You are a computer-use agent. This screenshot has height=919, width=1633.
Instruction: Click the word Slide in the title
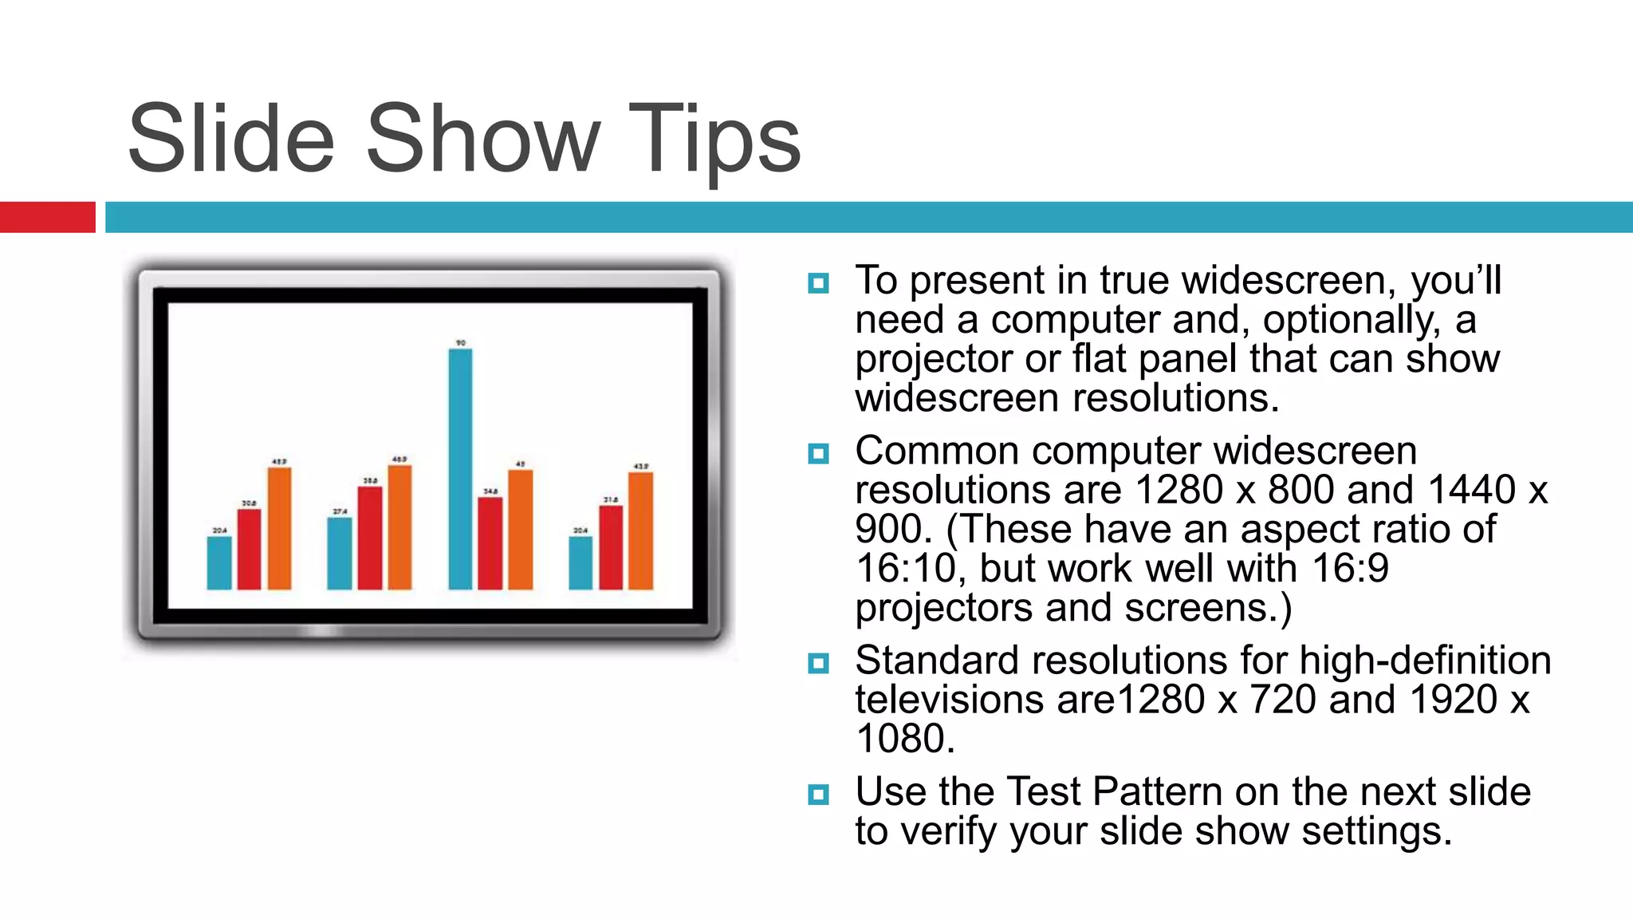point(231,140)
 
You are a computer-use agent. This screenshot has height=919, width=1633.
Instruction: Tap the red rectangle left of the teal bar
point(47,217)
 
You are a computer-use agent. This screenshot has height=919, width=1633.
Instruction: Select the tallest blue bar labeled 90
point(460,469)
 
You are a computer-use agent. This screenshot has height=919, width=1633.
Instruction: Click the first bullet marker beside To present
point(818,283)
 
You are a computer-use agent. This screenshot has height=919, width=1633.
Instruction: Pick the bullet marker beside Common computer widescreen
point(818,454)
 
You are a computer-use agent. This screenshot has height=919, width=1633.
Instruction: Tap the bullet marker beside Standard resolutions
point(818,663)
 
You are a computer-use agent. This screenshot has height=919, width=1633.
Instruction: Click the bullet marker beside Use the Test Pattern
point(818,795)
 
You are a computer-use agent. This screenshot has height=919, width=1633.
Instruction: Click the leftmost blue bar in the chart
point(219,562)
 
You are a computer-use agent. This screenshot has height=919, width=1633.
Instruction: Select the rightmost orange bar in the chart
point(640,530)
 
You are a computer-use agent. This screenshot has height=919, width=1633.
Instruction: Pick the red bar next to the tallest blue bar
point(490,543)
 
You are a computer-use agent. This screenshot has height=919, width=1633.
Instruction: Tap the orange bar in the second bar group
point(399,527)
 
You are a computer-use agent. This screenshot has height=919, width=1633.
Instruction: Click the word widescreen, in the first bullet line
point(1289,281)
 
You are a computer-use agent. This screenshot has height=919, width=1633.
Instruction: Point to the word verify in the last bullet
point(949,832)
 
